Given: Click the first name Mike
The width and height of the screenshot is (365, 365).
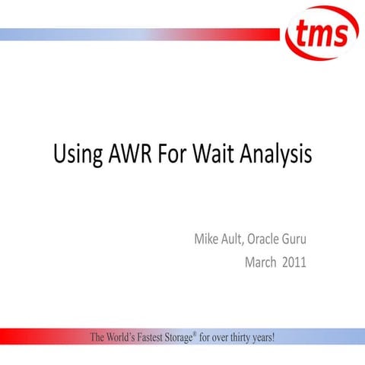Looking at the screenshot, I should [x=206, y=242].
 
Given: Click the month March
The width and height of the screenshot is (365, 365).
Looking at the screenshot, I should [x=261, y=263].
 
